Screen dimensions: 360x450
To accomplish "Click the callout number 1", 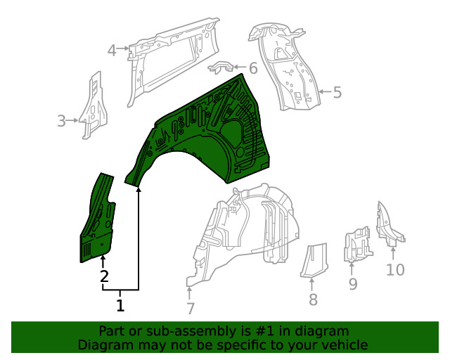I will click(x=120, y=305).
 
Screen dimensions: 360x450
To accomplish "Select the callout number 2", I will click(x=103, y=276).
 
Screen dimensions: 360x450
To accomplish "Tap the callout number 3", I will click(x=62, y=121).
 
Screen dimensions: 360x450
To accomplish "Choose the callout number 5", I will click(x=337, y=92).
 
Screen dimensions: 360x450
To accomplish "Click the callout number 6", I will click(x=252, y=69).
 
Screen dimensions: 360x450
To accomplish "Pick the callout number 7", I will click(x=190, y=307).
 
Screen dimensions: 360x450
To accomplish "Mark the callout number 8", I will click(x=313, y=300).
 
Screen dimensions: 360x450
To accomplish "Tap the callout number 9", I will click(x=353, y=284).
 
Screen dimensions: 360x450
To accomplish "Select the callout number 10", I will click(x=395, y=269).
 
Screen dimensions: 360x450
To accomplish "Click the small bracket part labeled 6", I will click(x=224, y=67).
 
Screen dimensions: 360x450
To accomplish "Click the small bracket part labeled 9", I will click(x=356, y=245).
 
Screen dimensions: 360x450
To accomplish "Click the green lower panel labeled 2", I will click(x=98, y=221).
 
